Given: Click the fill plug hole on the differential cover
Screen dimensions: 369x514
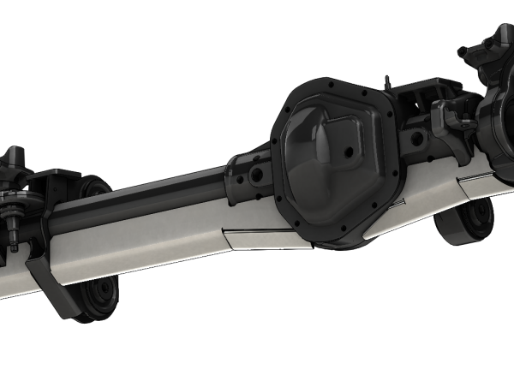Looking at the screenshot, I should [x=350, y=158].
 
